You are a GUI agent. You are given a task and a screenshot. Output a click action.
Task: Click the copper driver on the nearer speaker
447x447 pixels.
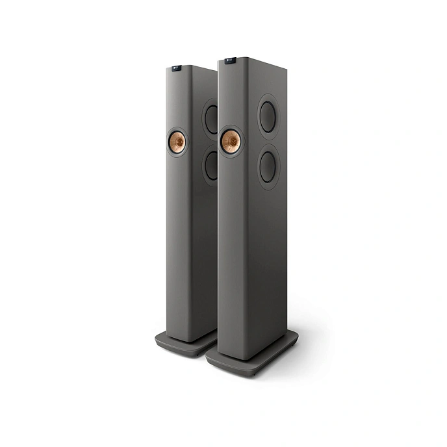[x=229, y=141]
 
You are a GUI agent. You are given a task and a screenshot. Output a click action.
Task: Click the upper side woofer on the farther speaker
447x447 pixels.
[x=211, y=116]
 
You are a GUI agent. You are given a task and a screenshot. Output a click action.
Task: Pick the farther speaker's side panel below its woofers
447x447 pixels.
[x=209, y=260]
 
